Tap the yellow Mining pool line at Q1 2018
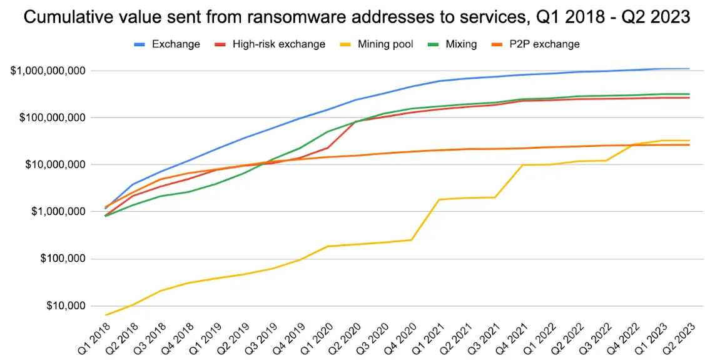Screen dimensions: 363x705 click(x=106, y=315)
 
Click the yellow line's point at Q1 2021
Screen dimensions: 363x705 click(x=440, y=199)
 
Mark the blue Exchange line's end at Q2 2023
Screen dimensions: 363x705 click(x=689, y=69)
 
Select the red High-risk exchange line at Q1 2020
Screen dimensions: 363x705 click(x=328, y=147)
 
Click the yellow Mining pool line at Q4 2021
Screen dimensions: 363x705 click(x=523, y=165)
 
